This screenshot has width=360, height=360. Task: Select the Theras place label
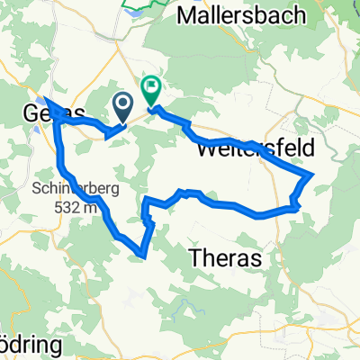227,258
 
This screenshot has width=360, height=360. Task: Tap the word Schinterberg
76,191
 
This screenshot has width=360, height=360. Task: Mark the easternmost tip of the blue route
312,174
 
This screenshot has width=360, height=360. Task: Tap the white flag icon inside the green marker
151,89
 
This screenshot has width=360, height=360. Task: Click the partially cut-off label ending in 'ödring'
22,348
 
